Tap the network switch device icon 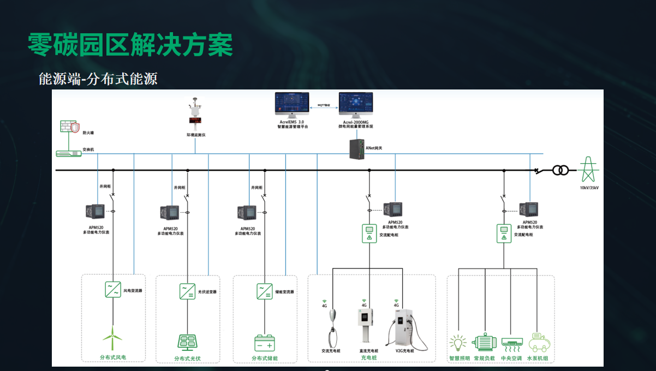[69, 153]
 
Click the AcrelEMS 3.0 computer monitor [291, 104]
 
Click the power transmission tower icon [588, 169]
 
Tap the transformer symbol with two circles [560, 170]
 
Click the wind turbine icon [113, 338]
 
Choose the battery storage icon [265, 343]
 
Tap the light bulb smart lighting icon [458, 343]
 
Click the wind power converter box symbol [113, 289]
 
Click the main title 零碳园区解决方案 [130, 45]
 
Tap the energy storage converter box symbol [265, 291]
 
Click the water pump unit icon [539, 342]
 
